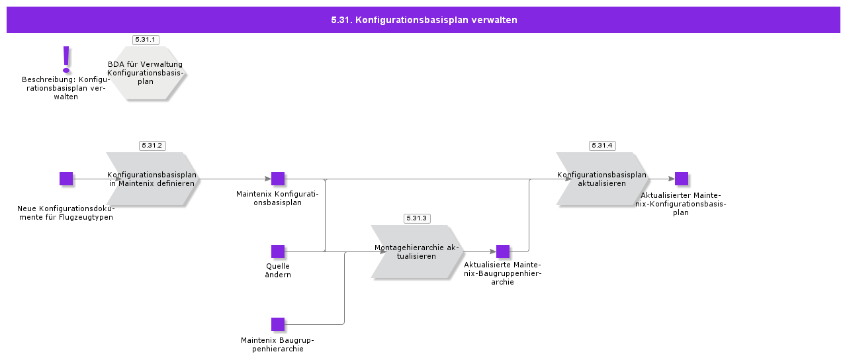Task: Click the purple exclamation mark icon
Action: point(66,60)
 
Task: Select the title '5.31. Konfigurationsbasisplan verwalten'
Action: point(423,20)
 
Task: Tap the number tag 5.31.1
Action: point(146,40)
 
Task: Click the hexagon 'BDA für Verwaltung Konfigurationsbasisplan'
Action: point(146,73)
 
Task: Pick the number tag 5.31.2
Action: point(152,146)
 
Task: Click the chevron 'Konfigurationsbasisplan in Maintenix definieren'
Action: point(152,179)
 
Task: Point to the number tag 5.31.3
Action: point(417,218)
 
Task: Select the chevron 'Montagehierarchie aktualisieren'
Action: point(417,251)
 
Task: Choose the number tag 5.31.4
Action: point(602,146)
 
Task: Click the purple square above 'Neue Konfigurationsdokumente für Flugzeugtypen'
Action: point(66,179)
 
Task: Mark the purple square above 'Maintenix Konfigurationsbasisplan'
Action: point(278,179)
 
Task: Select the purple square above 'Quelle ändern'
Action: point(278,251)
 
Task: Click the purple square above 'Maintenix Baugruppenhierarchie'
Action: point(278,324)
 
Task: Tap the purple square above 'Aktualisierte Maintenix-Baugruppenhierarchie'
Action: point(503,251)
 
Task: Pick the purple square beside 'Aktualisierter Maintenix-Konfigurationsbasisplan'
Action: point(682,179)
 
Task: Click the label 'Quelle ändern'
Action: point(278,271)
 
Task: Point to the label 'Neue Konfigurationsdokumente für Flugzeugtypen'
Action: point(66,213)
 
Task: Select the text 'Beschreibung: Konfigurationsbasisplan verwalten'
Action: point(66,88)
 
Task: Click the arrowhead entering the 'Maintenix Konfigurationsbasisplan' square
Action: point(268,179)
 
